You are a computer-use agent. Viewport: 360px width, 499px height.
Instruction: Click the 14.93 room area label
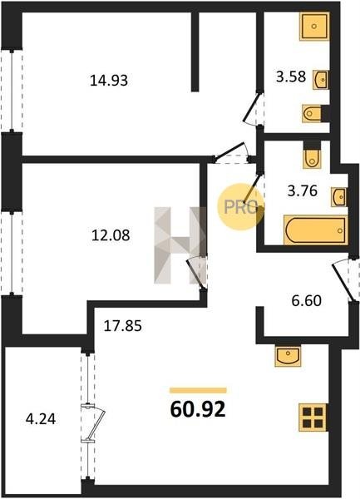(109, 80)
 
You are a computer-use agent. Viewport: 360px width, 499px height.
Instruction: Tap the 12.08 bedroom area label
(111, 235)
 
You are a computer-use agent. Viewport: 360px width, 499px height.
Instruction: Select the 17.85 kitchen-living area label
(123, 326)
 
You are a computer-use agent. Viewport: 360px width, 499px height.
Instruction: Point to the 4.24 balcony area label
(41, 419)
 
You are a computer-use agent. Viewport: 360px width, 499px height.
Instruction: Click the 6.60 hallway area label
(307, 300)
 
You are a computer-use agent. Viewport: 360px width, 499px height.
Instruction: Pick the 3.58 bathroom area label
(291, 77)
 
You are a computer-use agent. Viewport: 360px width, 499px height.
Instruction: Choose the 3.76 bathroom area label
(303, 191)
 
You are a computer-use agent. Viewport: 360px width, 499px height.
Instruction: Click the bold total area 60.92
(198, 409)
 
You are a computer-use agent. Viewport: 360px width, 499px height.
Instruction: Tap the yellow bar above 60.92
(198, 391)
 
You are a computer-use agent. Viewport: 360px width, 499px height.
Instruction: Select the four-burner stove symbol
(313, 417)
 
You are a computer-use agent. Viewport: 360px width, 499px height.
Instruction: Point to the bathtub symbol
(315, 230)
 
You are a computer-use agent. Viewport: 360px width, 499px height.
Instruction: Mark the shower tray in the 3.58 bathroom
(314, 27)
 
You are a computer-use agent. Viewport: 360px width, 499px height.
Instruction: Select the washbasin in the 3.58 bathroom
(321, 80)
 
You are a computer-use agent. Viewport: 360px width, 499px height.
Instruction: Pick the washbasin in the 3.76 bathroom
(338, 197)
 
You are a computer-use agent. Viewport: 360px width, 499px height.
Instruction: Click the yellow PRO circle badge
(241, 207)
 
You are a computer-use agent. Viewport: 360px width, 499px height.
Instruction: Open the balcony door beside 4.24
(94, 423)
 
